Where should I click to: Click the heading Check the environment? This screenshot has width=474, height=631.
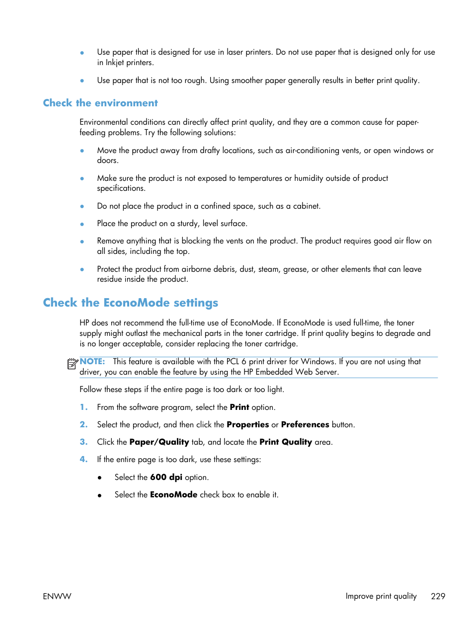coord(100,103)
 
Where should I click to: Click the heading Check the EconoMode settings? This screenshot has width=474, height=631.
coord(130,303)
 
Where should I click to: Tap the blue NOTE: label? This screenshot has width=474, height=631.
coord(92,362)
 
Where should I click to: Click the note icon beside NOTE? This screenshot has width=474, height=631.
coord(72,364)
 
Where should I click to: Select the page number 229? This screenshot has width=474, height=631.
coord(438,596)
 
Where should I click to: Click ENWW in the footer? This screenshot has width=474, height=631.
coord(57,596)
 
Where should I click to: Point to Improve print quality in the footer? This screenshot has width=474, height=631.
coord(381,596)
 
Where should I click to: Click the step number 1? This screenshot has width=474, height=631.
coord(83,407)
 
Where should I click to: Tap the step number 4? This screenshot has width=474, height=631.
coord(83,460)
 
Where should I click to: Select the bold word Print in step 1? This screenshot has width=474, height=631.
coord(239,407)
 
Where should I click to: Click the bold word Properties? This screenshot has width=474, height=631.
coord(247,425)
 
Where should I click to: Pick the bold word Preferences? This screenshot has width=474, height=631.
coord(305,425)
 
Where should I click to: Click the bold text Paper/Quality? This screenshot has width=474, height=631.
coord(159,442)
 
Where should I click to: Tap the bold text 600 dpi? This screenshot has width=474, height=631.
coord(166,477)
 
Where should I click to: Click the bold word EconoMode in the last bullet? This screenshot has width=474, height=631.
coord(173,495)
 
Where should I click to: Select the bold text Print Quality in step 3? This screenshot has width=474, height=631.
coord(285,442)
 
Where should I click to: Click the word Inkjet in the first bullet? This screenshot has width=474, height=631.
coord(114,63)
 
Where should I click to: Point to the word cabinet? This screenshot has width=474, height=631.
coord(306,206)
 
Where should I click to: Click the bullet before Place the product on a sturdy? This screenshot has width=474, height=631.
coord(82,224)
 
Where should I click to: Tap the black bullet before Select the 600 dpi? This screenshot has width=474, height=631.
coord(99,478)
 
